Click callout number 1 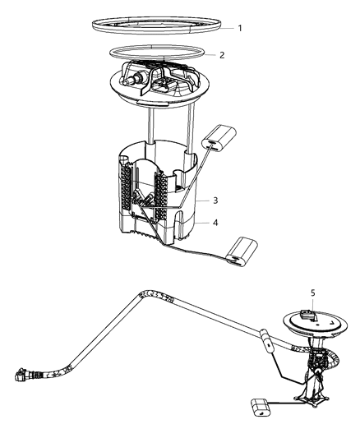coord(240,28)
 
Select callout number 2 coord(221,56)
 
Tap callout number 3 coord(215,200)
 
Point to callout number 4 coord(215,222)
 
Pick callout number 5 coord(312,292)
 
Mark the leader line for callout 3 coord(201,200)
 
